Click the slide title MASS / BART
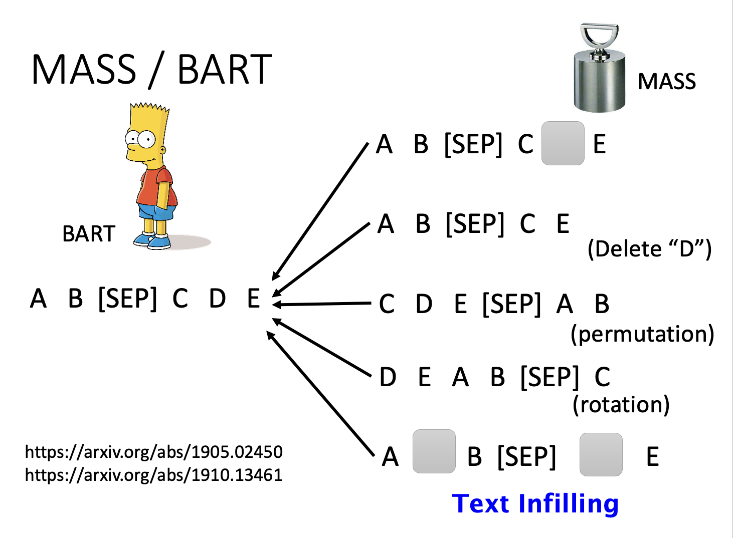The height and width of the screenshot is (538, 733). [x=151, y=69]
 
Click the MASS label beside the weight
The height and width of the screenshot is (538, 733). [x=667, y=81]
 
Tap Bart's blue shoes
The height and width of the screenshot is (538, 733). [x=152, y=241]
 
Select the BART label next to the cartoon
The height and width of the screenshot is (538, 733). [x=89, y=234]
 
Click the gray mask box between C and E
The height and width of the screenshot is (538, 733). [x=563, y=143]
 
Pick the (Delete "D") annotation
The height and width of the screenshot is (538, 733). [x=650, y=249]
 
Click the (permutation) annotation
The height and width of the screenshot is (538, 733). [x=642, y=334]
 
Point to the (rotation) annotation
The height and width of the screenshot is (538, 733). [x=621, y=405]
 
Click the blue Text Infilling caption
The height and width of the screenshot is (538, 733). [x=535, y=503]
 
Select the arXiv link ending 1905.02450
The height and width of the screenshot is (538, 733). [x=153, y=452]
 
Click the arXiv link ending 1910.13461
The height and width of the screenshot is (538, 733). [x=153, y=475]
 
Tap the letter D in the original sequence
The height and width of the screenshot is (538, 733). [x=217, y=298]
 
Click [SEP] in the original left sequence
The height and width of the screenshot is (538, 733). [x=128, y=299]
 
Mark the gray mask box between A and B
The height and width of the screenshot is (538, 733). [x=434, y=451]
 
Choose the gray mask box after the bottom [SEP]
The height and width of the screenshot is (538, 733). [x=601, y=454]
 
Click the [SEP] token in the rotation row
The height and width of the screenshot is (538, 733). [x=549, y=377]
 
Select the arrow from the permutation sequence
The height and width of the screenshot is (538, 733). [x=322, y=304]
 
